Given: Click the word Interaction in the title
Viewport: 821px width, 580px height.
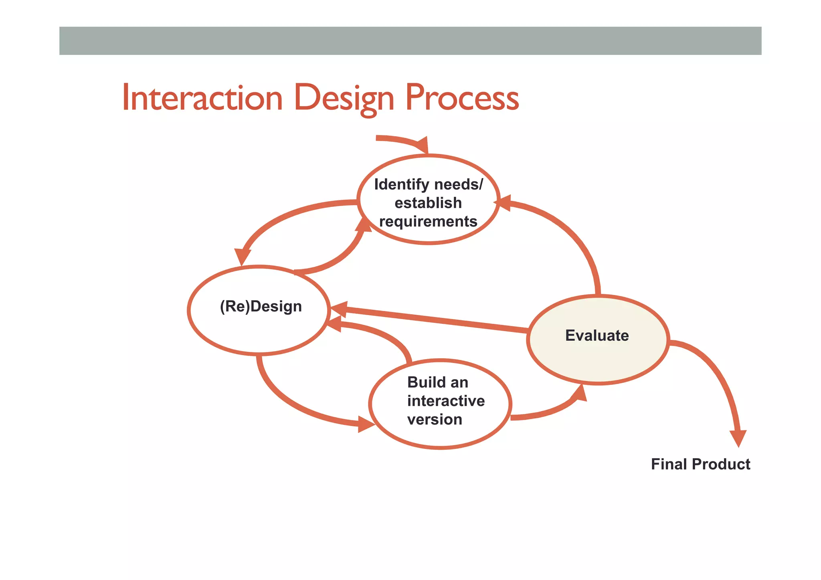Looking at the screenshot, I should (x=202, y=98).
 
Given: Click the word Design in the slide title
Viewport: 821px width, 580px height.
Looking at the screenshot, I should (x=344, y=98).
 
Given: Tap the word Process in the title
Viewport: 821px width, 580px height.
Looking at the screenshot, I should (x=462, y=98).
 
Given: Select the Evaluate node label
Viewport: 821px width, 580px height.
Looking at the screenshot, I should (x=597, y=335).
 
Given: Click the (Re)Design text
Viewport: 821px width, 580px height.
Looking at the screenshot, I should (x=261, y=306).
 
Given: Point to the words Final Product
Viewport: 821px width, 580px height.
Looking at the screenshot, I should (x=700, y=464).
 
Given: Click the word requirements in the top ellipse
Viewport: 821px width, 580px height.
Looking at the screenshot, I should (x=428, y=221).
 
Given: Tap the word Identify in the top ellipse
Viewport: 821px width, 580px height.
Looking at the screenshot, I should (x=401, y=184).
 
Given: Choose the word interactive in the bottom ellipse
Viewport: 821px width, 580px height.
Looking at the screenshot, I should (x=446, y=401).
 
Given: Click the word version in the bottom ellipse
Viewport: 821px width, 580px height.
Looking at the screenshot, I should (x=435, y=419).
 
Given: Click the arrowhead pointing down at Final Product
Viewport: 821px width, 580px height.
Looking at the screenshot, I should (x=738, y=438).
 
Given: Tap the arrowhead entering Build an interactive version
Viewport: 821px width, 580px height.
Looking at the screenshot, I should (x=365, y=424).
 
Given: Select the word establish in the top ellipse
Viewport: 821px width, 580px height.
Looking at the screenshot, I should (x=428, y=203).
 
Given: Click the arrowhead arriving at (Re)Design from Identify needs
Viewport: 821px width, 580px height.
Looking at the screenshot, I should (x=242, y=257).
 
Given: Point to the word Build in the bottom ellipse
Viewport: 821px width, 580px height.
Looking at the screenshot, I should (x=421, y=382).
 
